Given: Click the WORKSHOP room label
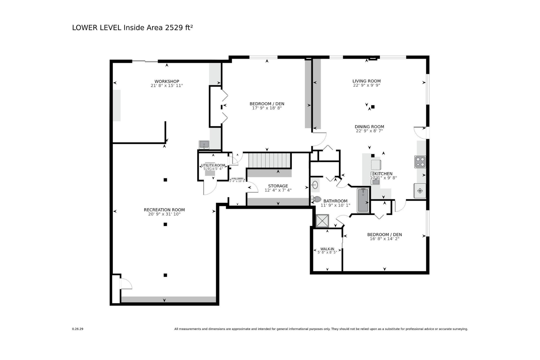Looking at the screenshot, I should pyautogui.click(x=166, y=81).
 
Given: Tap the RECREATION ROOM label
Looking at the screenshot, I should pyautogui.click(x=164, y=210).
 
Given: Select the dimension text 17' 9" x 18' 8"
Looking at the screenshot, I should pyautogui.click(x=267, y=108).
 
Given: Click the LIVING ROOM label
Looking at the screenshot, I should pyautogui.click(x=366, y=81).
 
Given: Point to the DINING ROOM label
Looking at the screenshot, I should pyautogui.click(x=369, y=127).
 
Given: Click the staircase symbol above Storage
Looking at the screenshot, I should pyautogui.click(x=270, y=160).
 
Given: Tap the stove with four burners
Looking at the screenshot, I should pyautogui.click(x=420, y=162).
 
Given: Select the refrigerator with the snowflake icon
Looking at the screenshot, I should pyautogui.click(x=420, y=190).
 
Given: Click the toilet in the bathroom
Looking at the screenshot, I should pyautogui.click(x=316, y=199).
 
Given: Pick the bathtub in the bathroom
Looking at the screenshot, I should pyautogui.click(x=363, y=200).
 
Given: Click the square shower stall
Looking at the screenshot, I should pyautogui.click(x=322, y=221).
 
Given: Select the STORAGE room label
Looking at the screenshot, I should pyautogui.click(x=278, y=186).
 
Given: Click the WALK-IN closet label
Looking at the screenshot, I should pyautogui.click(x=327, y=249).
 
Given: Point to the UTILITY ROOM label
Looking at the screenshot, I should pyautogui.click(x=213, y=165).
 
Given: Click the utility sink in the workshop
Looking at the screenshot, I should pyautogui.click(x=204, y=145).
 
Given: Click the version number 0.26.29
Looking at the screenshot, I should pyautogui.click(x=77, y=329).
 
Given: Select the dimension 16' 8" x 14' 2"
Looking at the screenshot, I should pyautogui.click(x=384, y=239).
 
